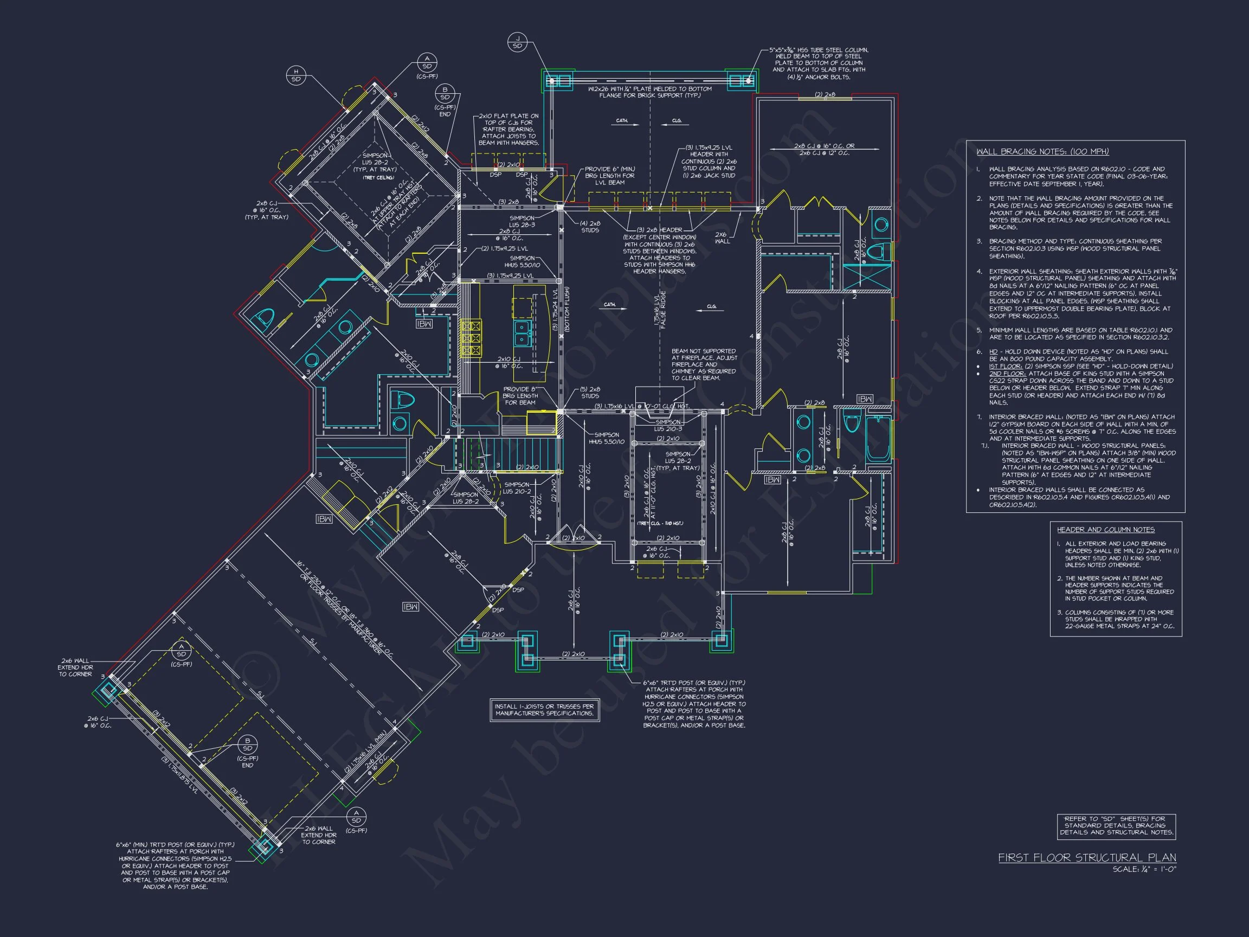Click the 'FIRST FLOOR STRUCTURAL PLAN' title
(1087, 857)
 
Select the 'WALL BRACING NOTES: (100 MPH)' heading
(1042, 151)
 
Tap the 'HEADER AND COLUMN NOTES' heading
(1105, 529)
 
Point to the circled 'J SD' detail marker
(517, 42)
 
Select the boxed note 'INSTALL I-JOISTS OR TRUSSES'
(544, 709)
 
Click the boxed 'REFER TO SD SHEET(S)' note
(1116, 825)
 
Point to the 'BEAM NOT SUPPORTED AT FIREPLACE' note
(704, 364)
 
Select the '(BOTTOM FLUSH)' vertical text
(566, 309)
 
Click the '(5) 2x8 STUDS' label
(590, 393)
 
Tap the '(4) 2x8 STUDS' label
(590, 227)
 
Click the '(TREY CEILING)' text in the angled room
(378, 178)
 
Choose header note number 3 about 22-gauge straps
(1116, 619)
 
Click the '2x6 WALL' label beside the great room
(722, 238)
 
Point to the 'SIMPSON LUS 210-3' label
(668, 425)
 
